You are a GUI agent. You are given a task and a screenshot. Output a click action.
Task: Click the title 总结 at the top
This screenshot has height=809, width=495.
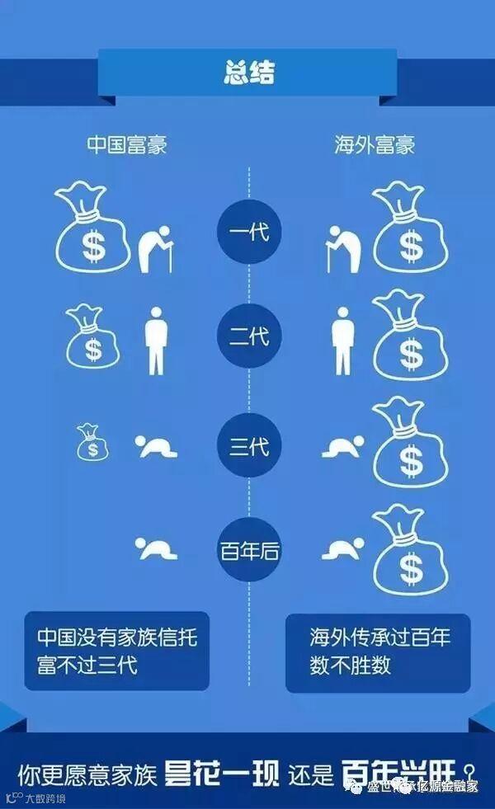247,73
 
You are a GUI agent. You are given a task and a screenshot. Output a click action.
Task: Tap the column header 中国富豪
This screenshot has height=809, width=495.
127,146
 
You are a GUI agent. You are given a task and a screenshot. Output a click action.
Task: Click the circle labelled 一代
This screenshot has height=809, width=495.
248,232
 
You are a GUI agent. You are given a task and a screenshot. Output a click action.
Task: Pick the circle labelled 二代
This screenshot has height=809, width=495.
248,336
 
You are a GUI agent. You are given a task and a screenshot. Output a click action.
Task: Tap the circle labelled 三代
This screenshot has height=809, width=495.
248,447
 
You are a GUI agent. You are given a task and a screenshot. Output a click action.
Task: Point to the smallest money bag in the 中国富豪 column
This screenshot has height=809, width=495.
92,443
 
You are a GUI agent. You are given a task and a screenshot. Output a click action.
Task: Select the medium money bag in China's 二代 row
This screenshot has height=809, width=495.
92,336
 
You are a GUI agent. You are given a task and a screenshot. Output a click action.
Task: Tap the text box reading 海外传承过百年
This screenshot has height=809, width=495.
378,651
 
